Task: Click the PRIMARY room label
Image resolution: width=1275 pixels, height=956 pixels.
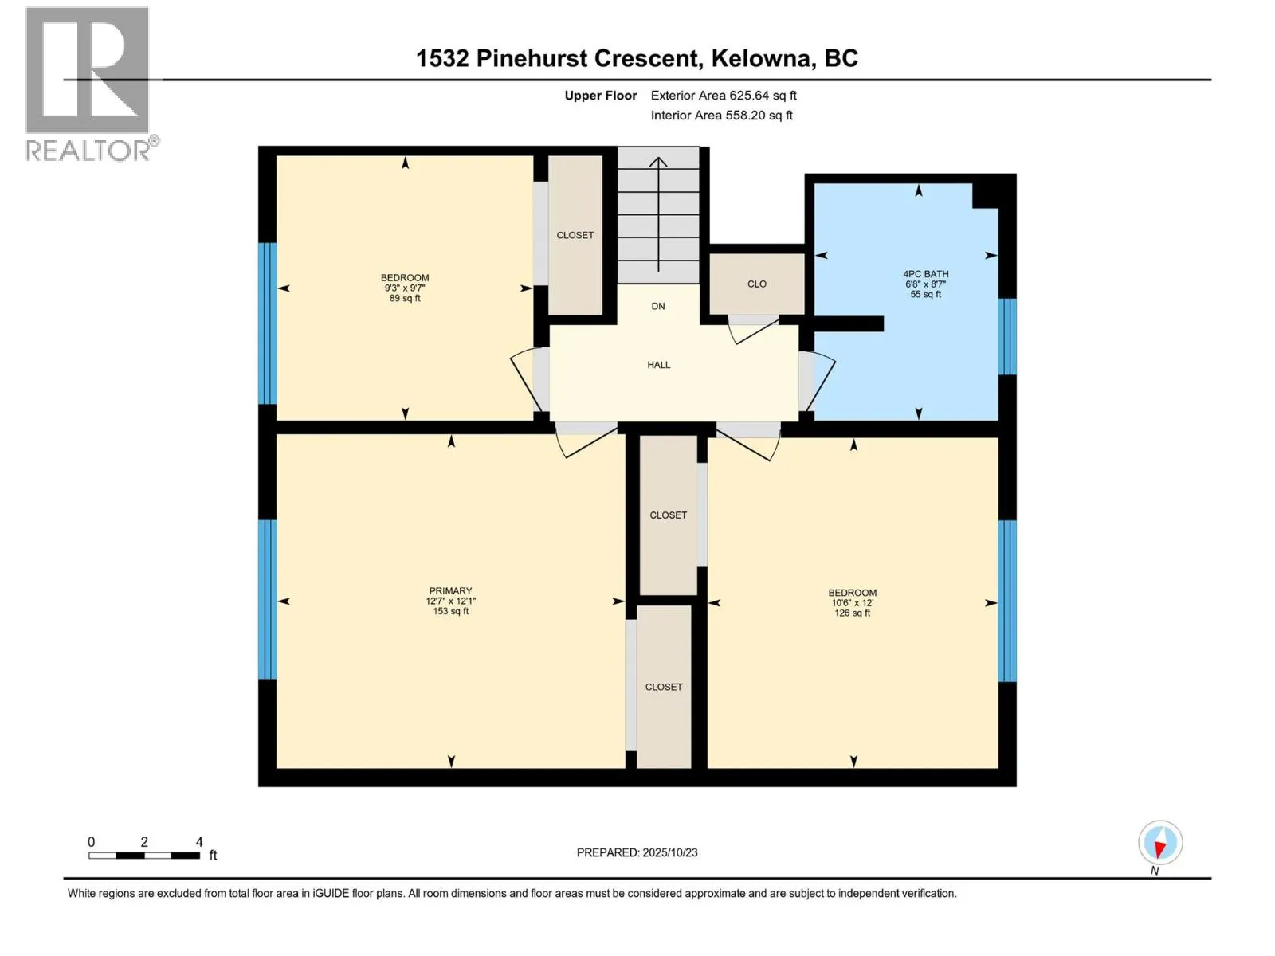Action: [450, 591]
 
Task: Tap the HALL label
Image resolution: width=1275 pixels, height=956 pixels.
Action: [658, 365]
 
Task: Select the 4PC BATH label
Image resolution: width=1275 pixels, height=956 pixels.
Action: [925, 274]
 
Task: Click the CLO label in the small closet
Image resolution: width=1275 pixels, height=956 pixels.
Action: [756, 284]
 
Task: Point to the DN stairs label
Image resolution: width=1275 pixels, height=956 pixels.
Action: [658, 306]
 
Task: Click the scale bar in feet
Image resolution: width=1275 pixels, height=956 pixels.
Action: [144, 855]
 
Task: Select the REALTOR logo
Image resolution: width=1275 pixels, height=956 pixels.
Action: [88, 84]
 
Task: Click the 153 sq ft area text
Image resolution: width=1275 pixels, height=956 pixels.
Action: [450, 612]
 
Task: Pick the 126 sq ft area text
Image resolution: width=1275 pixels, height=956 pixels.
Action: [852, 613]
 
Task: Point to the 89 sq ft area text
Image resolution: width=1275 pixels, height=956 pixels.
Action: [405, 298]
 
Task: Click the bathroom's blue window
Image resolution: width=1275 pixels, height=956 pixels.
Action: [1007, 336]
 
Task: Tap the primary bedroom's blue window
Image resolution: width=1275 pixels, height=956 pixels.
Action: [267, 599]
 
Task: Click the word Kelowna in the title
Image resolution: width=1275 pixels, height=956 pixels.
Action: [763, 58]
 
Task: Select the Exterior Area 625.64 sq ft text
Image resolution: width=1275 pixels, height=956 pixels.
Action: [723, 96]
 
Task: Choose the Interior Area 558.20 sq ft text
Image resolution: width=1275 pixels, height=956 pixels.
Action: [721, 116]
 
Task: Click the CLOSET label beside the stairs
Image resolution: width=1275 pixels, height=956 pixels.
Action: [575, 235]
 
